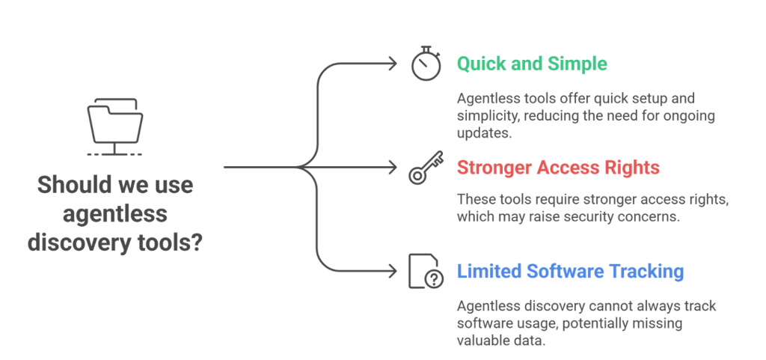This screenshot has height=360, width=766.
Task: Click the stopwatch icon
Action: (424, 64)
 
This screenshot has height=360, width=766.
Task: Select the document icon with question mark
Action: (424, 271)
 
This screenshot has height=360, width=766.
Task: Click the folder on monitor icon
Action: (114, 123)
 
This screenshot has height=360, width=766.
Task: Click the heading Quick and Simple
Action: (532, 64)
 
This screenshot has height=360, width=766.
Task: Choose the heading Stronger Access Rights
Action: (558, 168)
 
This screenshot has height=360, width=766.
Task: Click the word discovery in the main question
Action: (76, 243)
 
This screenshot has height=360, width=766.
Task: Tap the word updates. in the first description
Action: (482, 133)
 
